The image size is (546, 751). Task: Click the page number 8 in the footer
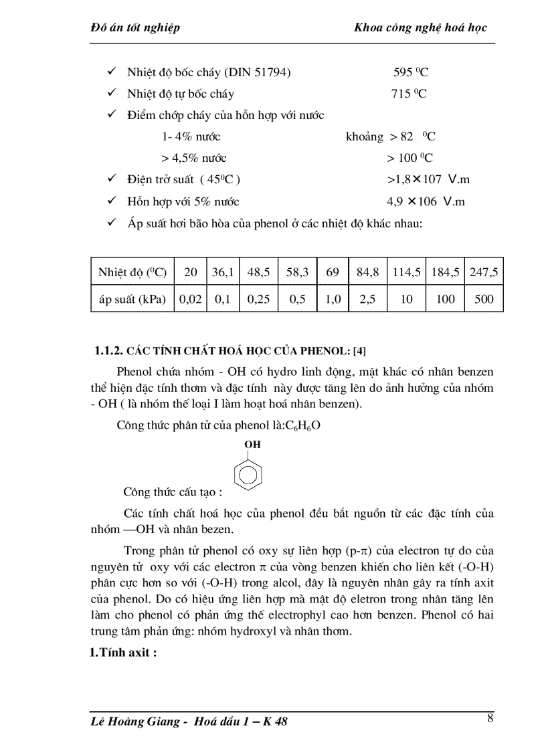[x=490, y=719]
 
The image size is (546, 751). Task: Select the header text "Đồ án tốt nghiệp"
[x=134, y=27]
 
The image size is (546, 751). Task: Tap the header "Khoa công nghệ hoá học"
[x=420, y=27]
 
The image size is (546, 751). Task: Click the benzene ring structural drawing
[x=248, y=473]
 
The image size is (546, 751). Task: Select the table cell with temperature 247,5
[x=483, y=272]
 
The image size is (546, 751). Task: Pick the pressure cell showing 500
[x=483, y=299]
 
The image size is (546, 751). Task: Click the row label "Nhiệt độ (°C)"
[x=132, y=272]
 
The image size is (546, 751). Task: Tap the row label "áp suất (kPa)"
[x=132, y=299]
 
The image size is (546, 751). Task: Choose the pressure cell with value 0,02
[x=190, y=299]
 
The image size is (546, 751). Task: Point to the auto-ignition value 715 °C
[x=409, y=94]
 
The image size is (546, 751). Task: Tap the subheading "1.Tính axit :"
[x=123, y=653]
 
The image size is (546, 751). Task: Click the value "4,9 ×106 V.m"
[x=426, y=201]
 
